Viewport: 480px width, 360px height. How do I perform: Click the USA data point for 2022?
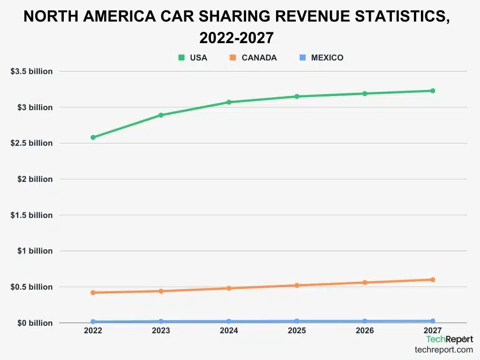point(93,137)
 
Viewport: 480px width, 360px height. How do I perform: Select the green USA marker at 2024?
point(229,102)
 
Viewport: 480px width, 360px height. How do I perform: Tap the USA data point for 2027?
point(433,91)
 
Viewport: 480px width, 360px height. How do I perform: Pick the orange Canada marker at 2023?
point(161,291)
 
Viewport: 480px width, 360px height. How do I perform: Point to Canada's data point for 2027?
point(433,280)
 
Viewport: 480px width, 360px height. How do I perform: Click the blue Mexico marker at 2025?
point(297,321)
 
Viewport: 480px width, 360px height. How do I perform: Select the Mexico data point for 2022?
point(93,322)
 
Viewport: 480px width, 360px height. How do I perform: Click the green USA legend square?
point(181,58)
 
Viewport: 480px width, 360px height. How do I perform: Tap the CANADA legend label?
point(259,58)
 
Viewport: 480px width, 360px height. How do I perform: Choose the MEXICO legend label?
point(327,58)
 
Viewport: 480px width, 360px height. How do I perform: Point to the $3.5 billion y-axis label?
point(31,71)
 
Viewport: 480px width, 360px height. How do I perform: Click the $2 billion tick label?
point(35,179)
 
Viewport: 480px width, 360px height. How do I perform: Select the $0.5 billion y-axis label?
point(31,287)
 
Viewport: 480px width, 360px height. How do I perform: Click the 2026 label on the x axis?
point(365,331)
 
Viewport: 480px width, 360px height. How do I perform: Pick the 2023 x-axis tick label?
point(161,331)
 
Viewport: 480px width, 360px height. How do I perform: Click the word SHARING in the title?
point(225,16)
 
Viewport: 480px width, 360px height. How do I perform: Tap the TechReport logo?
point(449,339)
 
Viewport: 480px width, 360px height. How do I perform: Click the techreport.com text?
point(443,350)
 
